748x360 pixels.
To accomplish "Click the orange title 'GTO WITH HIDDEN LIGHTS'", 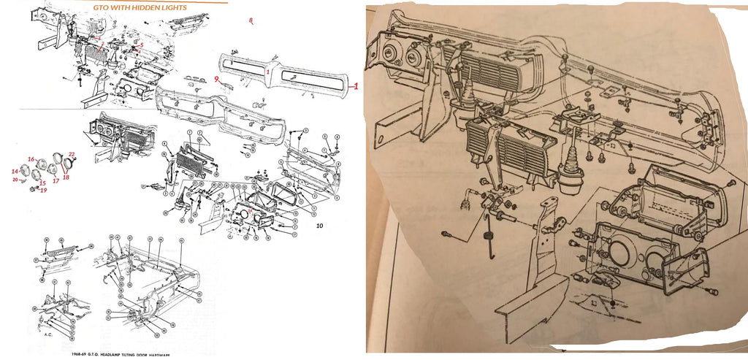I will (140, 7).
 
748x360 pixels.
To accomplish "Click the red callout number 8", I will (251, 20).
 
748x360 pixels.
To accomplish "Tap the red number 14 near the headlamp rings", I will (15, 171).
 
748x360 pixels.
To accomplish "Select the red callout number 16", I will (31, 158).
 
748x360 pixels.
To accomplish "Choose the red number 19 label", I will (43, 190).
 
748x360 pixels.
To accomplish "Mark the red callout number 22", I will (72, 154).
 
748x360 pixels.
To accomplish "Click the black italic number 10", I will (319, 226).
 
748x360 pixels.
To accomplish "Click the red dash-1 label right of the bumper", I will (354, 86).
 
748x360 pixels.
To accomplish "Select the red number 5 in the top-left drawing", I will (142, 45).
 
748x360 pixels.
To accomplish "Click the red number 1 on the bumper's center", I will (269, 73).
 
